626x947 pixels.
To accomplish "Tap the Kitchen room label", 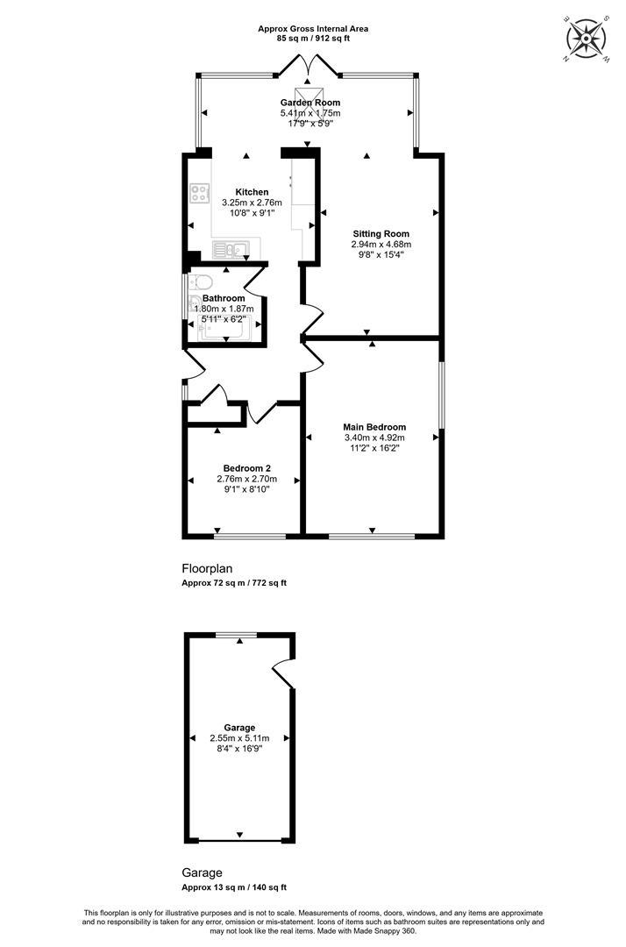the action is pyautogui.click(x=252, y=192).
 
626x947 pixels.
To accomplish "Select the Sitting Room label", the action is pyautogui.click(x=381, y=234).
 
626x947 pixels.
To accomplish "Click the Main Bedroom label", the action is pyautogui.click(x=374, y=427).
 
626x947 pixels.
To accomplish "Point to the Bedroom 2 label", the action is pyautogui.click(x=246, y=468).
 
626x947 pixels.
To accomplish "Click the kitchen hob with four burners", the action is pyautogui.click(x=199, y=193).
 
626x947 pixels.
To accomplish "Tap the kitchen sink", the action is pyautogui.click(x=230, y=249).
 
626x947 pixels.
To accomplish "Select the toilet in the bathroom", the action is pyautogui.click(x=199, y=282).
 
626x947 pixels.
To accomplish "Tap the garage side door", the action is pyautogui.click(x=283, y=673).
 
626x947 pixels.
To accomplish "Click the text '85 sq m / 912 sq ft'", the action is pyautogui.click(x=313, y=38).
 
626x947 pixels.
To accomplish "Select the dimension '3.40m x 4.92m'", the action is pyautogui.click(x=374, y=438).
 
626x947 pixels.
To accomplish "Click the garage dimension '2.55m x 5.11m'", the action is pyautogui.click(x=239, y=738).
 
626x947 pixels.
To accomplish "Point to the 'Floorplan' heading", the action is pyautogui.click(x=207, y=568).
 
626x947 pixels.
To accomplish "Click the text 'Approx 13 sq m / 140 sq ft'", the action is pyautogui.click(x=234, y=887).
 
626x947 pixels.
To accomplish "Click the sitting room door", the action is pyautogui.click(x=313, y=317).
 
